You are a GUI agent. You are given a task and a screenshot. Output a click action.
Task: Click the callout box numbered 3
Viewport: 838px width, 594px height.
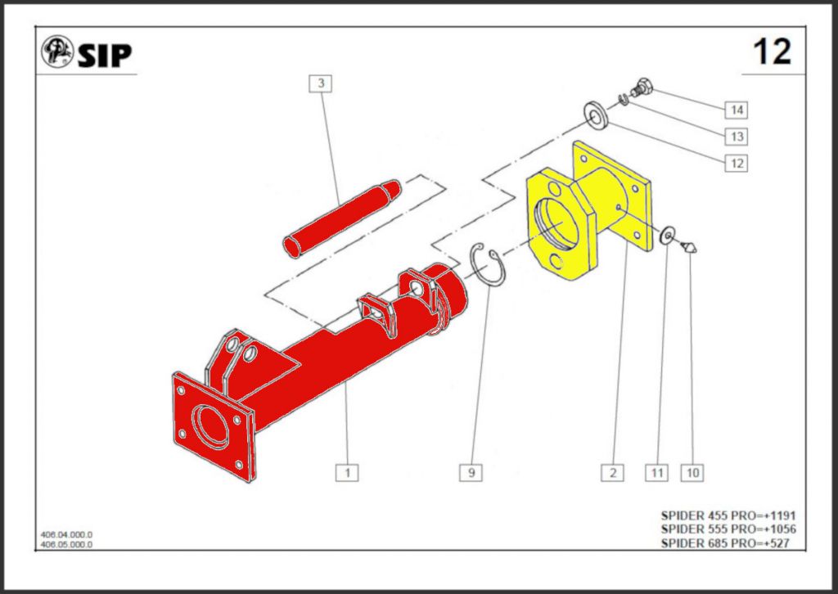321,83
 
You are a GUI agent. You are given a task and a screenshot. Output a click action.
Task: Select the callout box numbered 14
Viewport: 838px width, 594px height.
737,110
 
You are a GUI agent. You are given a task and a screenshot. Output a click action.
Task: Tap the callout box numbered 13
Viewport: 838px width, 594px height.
737,137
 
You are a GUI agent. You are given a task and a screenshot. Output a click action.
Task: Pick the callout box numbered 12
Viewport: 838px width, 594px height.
737,163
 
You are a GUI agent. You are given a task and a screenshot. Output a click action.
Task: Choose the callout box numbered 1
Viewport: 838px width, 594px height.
347,473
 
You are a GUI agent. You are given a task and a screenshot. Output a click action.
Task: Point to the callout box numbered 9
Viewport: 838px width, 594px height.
471,473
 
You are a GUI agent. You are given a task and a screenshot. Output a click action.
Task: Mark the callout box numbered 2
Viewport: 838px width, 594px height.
612,473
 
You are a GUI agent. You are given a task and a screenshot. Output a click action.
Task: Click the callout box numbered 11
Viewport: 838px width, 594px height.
656,473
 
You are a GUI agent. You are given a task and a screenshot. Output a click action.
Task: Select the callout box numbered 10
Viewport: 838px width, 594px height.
692,473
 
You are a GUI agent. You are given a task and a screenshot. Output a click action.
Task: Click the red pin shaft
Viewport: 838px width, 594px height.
342,218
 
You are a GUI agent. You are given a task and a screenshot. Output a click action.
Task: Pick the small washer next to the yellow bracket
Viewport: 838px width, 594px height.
668,235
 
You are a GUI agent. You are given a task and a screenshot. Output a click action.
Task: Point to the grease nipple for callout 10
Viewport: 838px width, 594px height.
689,247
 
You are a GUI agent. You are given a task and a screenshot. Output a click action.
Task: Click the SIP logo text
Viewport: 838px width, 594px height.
105,55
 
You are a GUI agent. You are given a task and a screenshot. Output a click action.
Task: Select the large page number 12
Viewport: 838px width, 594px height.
772,52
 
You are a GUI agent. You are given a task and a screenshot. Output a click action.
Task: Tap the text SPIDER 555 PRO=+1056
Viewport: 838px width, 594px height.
728,529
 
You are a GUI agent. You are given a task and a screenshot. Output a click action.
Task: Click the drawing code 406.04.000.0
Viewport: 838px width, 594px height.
67,535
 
